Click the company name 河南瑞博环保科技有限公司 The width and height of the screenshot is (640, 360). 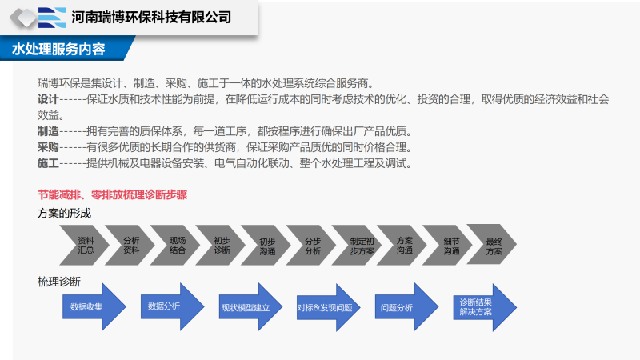(x=151, y=17)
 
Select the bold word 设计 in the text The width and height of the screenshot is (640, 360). (x=48, y=99)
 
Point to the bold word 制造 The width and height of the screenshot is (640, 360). (x=48, y=131)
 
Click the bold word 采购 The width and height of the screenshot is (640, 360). (x=48, y=147)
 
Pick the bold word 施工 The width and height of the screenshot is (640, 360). (x=48, y=163)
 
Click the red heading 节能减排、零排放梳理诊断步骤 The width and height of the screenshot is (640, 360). (x=112, y=194)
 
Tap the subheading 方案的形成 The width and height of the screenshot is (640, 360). (x=64, y=213)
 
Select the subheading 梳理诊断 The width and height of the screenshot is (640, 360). (x=59, y=282)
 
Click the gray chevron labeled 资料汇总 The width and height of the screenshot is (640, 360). (x=86, y=245)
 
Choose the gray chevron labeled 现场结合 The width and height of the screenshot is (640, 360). (x=177, y=245)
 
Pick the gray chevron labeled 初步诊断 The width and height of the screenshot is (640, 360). (x=222, y=245)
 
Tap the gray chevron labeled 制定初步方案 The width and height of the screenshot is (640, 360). (x=362, y=245)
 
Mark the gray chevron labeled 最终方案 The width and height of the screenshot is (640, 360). (x=494, y=245)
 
